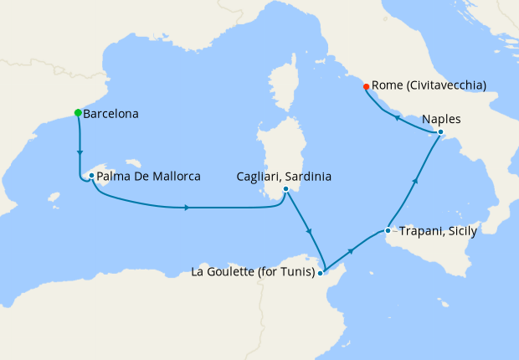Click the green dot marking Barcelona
pos(78,112)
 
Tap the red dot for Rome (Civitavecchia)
pos(366,85)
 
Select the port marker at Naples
pos(440,132)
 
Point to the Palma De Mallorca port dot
pos(91,176)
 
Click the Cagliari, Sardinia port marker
pos(286,189)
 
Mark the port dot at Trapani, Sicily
pos(388,230)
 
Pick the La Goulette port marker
pos(321,272)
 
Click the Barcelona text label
pos(111,113)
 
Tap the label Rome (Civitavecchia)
pos(429,85)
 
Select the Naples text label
pos(441,119)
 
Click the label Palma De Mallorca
pos(148,177)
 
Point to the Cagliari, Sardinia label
pos(285,177)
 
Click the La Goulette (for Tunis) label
pos(253,272)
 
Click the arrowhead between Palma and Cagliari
pos(185,207)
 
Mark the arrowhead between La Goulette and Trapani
pos(349,250)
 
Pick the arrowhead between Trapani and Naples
pos(416,181)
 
